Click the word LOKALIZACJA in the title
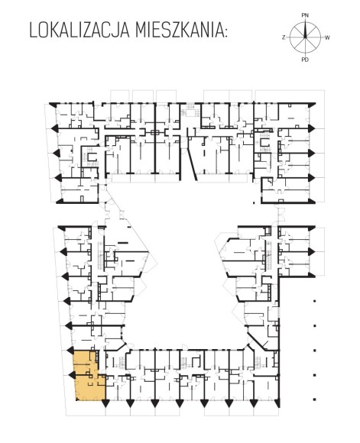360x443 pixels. [x=79, y=31]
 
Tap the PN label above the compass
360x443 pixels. [x=305, y=15]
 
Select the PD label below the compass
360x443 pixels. [x=305, y=60]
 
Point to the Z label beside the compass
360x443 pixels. [x=284, y=37]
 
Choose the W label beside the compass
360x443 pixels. [x=327, y=37]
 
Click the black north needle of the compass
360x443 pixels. [x=305, y=29]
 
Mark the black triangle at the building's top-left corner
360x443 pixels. [x=52, y=104]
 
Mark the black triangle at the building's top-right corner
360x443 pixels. [x=312, y=104]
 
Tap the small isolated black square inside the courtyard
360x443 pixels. [x=254, y=203]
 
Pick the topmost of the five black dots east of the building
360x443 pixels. [x=314, y=301]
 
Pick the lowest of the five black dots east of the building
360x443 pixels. [x=314, y=399]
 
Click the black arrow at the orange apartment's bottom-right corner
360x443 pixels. [x=105, y=403]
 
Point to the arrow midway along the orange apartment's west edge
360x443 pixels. [x=71, y=375]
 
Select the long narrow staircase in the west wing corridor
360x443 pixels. [x=100, y=256]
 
